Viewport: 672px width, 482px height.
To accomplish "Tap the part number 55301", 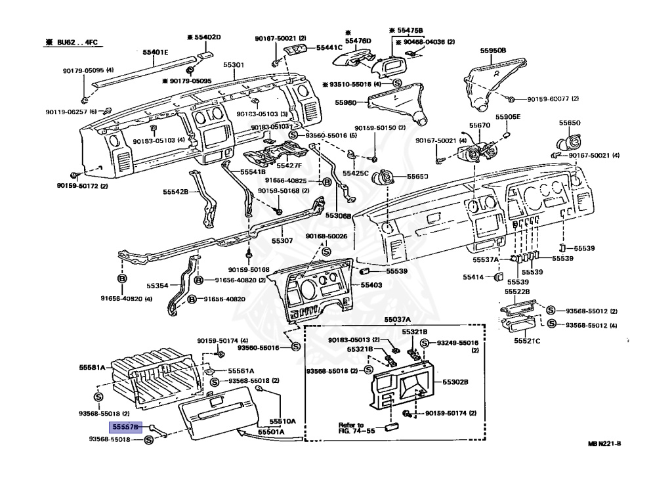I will [x=233, y=66].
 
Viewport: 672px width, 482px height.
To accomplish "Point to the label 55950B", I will [x=492, y=50].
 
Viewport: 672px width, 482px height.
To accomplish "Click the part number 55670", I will [x=479, y=125].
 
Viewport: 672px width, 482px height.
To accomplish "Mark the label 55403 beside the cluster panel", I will [x=371, y=285].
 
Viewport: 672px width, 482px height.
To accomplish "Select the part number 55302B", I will [x=455, y=381].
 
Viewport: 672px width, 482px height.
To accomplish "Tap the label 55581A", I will [x=93, y=367].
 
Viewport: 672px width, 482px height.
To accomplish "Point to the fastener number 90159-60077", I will [x=553, y=99].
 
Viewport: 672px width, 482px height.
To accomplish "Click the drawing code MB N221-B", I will [x=604, y=444].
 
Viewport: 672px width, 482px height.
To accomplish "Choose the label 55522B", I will [x=517, y=291].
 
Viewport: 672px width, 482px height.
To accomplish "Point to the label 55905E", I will [x=507, y=117].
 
